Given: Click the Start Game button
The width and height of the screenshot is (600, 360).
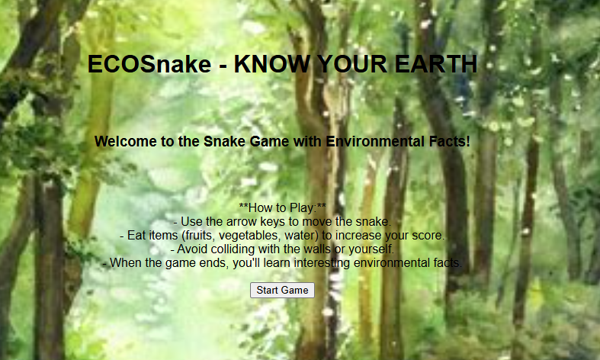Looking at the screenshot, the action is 282,291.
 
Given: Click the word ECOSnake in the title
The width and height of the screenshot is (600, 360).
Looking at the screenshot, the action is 149,64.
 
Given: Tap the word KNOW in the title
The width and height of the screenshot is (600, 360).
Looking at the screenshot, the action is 271,64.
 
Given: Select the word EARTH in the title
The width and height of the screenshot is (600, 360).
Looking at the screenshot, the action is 436,64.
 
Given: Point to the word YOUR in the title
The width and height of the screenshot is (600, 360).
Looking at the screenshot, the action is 352,64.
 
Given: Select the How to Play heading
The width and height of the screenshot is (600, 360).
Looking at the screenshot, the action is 282,207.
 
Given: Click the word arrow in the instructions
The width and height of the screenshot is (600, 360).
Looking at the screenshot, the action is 242,221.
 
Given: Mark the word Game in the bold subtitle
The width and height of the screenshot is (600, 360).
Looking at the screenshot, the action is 269,141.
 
